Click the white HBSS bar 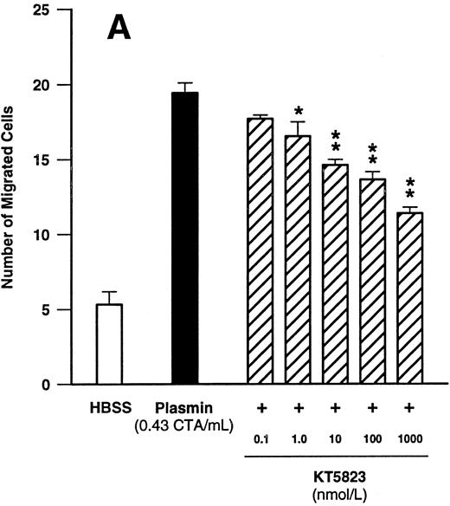(x=108, y=344)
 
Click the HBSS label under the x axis (x=108, y=406)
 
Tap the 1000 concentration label (x=410, y=439)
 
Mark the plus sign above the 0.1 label (x=260, y=406)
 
